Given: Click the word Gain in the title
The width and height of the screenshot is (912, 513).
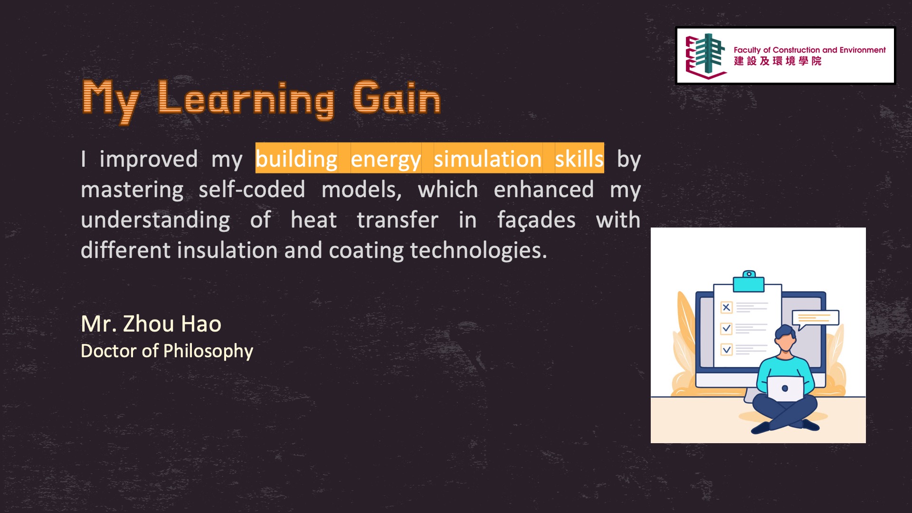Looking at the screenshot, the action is (397, 98).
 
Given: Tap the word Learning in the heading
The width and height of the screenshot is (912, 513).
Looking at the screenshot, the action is (246, 100).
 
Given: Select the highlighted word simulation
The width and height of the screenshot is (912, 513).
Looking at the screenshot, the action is (487, 159).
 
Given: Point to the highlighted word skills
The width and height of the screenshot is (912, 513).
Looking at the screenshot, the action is (579, 158).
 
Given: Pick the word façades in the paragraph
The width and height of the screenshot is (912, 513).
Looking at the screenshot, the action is (536, 220).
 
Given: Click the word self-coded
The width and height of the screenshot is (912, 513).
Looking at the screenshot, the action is (252, 190).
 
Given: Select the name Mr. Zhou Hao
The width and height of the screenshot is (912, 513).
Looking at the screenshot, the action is (151, 323).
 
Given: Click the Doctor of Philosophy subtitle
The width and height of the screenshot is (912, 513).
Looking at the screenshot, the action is (167, 351).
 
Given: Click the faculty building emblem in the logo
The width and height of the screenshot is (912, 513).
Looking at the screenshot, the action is (706, 56).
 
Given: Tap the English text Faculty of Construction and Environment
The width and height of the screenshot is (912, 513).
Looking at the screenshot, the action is (809, 50).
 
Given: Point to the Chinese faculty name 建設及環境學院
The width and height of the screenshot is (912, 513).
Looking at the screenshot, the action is (778, 61).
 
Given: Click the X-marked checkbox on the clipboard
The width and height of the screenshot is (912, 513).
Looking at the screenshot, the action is (726, 307).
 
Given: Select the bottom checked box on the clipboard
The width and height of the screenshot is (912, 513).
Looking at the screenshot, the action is (726, 350).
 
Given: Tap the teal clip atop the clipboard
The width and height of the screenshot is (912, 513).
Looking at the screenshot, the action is (749, 281).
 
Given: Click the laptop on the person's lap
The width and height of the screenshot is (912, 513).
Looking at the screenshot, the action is (785, 389).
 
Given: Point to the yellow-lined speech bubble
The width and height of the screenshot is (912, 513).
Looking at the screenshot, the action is (815, 319).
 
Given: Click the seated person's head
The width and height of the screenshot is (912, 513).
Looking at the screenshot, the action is (786, 337).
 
